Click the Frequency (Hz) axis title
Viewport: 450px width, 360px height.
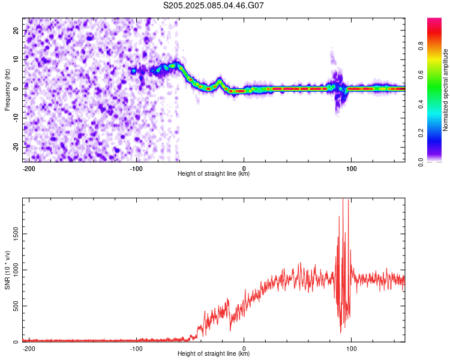click(7, 90)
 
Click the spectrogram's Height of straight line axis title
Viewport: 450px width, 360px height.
click(214, 174)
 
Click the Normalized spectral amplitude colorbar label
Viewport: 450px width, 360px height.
click(446, 90)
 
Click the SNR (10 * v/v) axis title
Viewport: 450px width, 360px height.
click(7, 270)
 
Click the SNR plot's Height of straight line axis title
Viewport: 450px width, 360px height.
click(214, 354)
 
